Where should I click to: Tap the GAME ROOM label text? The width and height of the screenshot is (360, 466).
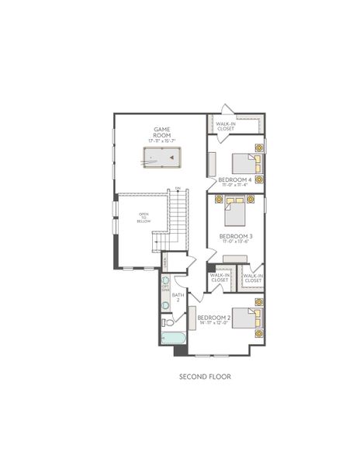click(x=161, y=132)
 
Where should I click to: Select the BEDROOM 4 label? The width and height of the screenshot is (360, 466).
click(x=234, y=179)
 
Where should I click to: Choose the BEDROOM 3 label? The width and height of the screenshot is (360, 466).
click(x=234, y=235)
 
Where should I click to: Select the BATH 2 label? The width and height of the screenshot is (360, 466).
click(x=177, y=297)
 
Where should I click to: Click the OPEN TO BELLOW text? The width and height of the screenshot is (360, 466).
click(x=144, y=218)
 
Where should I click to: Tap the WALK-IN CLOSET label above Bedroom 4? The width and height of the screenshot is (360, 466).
click(x=226, y=126)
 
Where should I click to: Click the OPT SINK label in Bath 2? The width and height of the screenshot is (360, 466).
click(x=165, y=287)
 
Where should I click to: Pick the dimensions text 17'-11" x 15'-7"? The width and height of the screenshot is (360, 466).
click(x=161, y=141)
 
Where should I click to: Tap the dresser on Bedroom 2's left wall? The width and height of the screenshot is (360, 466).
click(x=190, y=318)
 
